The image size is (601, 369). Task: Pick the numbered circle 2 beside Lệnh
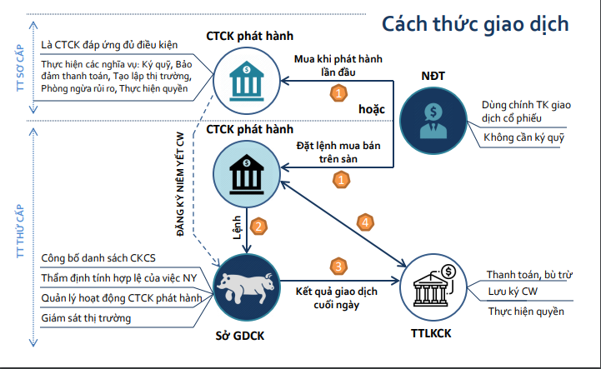258,226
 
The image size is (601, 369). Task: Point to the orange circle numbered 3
338,267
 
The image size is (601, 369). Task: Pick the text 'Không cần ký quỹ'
523,137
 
